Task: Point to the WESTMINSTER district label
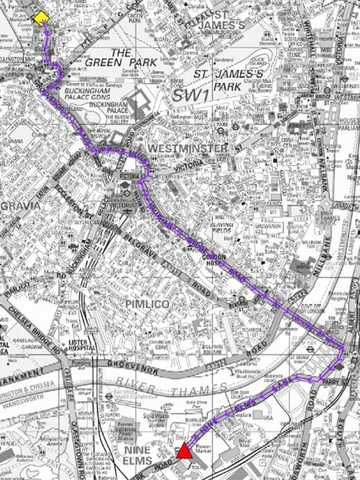click(x=188, y=148)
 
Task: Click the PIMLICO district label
click(x=148, y=304)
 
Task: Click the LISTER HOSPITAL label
click(x=82, y=345)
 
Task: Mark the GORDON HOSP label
click(x=214, y=260)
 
